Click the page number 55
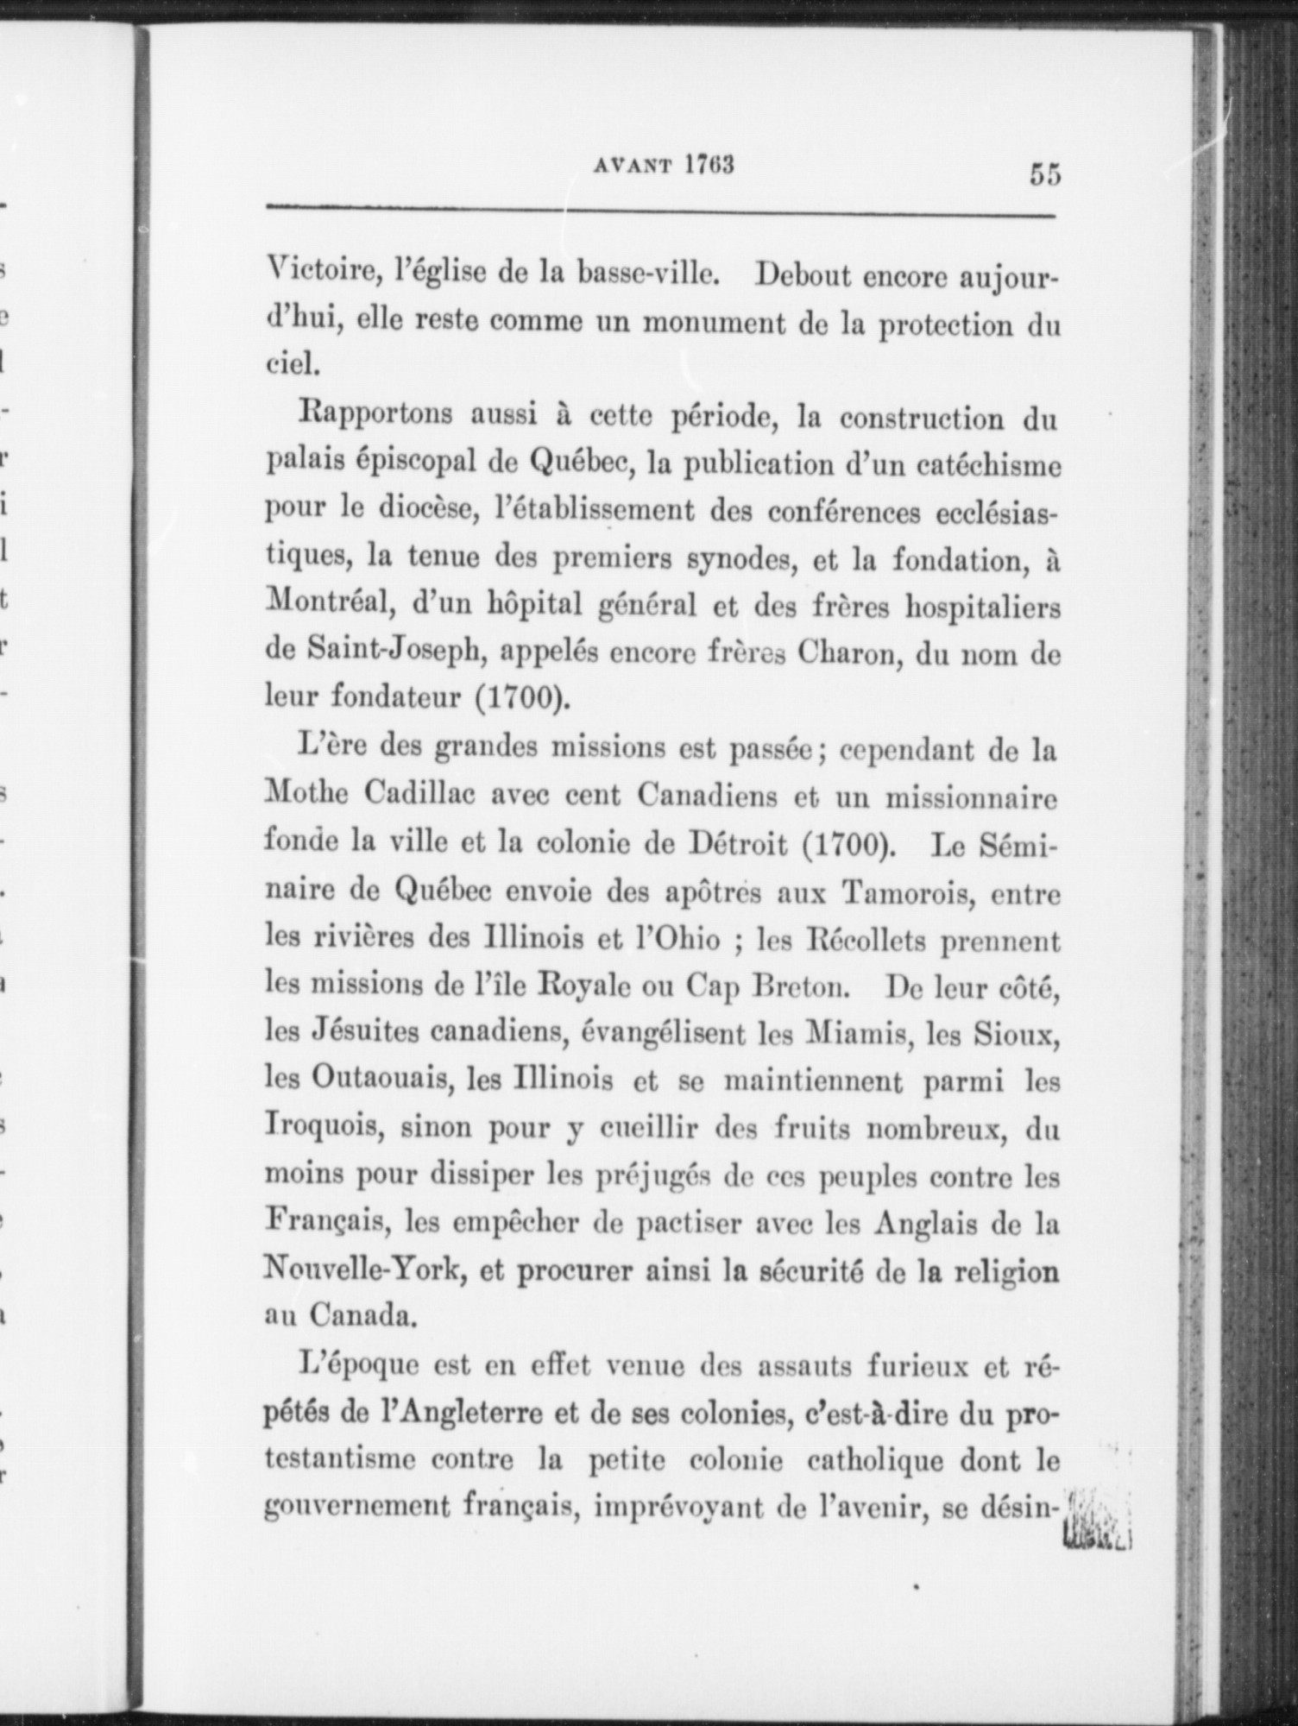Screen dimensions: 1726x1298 click(x=1043, y=174)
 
